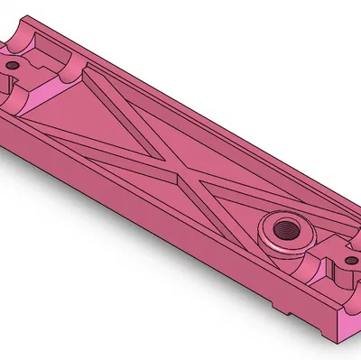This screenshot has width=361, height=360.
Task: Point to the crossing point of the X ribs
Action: (x=177, y=171)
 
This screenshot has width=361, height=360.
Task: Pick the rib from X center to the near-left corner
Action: (x=108, y=153)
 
